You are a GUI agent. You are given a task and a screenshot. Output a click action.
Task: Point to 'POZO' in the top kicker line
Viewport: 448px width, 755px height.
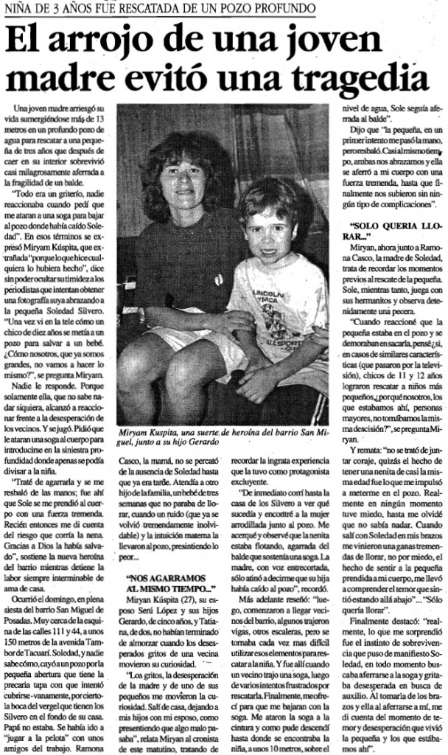pos(237,10)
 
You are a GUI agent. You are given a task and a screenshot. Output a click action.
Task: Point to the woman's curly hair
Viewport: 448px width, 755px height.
pos(177,147)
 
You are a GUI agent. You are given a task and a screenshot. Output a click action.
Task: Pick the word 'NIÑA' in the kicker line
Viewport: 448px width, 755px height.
pos(19,10)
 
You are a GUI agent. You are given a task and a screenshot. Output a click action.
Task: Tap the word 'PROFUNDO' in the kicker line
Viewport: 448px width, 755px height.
pos(284,10)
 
